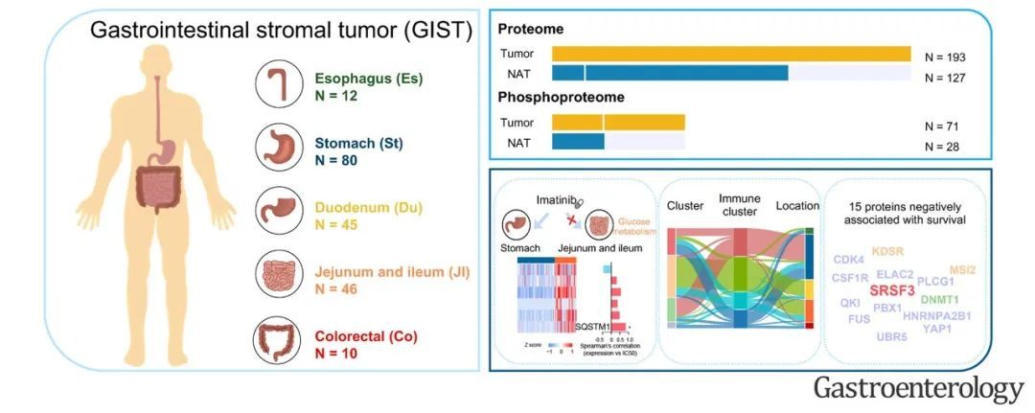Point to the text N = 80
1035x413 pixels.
336,160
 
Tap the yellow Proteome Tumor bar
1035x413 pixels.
731,54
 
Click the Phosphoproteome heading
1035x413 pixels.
560,98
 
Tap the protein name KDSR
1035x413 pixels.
888,252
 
